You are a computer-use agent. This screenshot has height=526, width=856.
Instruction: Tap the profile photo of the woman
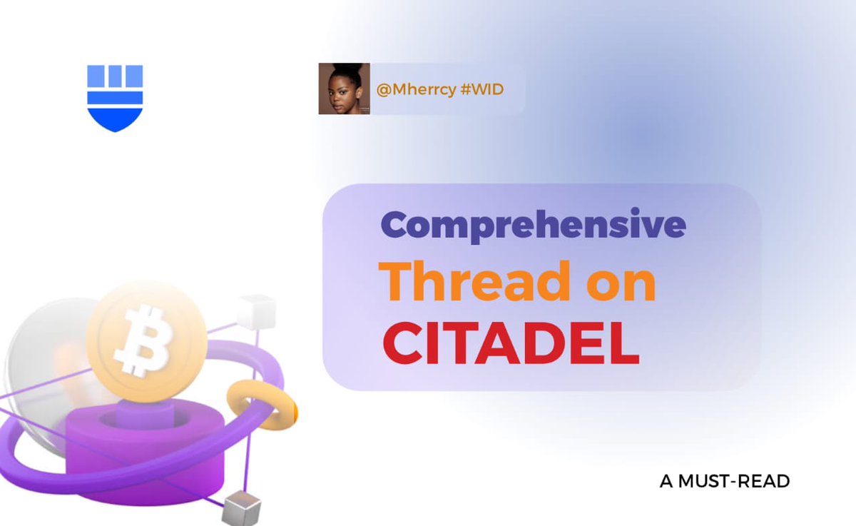click(344, 88)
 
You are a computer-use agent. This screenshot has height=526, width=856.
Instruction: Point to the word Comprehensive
click(533, 226)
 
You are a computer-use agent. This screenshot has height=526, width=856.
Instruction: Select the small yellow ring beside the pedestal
click(261, 404)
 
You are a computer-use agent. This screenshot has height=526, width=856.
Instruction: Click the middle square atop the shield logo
click(115, 75)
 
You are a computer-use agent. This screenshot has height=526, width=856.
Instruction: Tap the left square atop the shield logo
click(95, 75)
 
